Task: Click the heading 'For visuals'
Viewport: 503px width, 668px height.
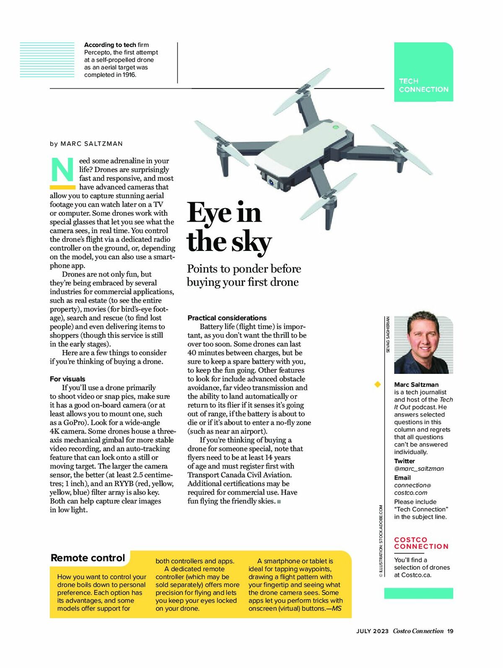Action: (x=67, y=379)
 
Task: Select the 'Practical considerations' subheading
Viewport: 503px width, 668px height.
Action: (x=227, y=318)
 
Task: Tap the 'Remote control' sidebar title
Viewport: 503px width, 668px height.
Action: (x=88, y=558)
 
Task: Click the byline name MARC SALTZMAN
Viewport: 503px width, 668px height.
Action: (x=91, y=144)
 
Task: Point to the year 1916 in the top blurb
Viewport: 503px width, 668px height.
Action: (x=129, y=75)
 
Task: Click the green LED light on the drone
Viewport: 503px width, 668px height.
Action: (x=335, y=127)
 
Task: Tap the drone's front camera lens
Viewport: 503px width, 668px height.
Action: (x=272, y=183)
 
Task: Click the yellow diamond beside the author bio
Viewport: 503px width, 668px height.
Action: (x=378, y=384)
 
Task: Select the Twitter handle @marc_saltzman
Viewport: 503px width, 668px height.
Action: (x=419, y=468)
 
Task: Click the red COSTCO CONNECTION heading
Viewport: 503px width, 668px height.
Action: (x=421, y=543)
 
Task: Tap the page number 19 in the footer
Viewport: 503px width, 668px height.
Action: (x=450, y=631)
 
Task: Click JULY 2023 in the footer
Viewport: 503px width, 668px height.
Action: (x=372, y=631)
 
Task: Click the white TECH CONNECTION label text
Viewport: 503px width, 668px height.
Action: (x=423, y=85)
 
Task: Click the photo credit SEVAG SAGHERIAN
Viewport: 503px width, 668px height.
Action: (x=388, y=334)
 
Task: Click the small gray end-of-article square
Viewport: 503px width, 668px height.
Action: (x=279, y=501)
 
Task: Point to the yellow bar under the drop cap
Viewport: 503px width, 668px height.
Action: (x=62, y=187)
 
